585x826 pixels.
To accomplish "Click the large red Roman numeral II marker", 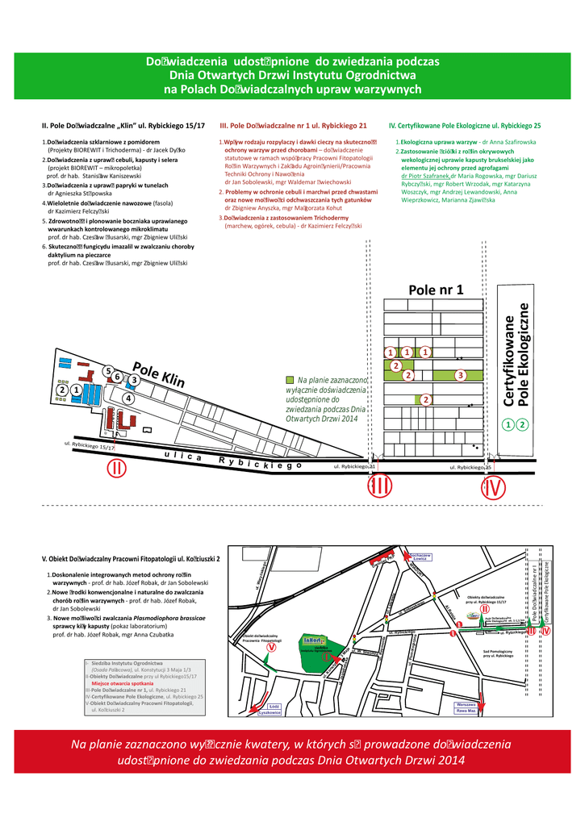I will (116, 468).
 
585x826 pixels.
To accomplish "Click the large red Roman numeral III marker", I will (379, 487).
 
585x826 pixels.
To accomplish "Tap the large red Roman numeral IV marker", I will (494, 487).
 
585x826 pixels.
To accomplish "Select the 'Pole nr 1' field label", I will (436, 290).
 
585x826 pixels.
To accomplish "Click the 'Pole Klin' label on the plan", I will (159, 373).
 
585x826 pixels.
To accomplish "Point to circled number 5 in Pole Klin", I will (107, 371).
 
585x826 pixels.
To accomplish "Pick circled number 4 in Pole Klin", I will (127, 398).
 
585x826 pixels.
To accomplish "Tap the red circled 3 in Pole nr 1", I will (460, 375).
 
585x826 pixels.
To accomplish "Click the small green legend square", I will (290, 379).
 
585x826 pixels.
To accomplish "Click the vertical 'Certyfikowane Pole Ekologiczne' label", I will (516, 355).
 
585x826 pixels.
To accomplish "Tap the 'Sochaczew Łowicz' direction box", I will (421, 557).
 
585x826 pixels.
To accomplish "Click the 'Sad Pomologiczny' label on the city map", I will (498, 653).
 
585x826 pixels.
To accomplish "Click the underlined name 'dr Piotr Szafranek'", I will (425, 175).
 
